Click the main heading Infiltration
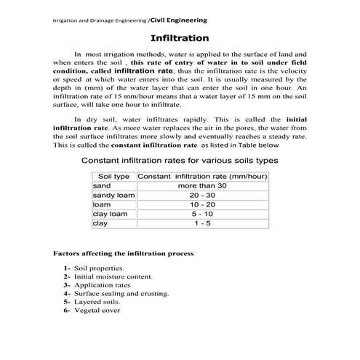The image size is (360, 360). pyautogui.click(x=180, y=37)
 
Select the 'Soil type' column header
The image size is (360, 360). pyautogui.click(x=113, y=177)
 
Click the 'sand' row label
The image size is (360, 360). pyautogui.click(x=101, y=186)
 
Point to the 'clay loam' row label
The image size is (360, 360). pyautogui.click(x=110, y=214)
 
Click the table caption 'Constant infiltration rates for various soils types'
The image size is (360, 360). pyautogui.click(x=179, y=159)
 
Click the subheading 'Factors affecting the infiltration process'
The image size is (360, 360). pyautogui.click(x=124, y=255)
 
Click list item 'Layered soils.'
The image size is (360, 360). pyautogui.click(x=101, y=301)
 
